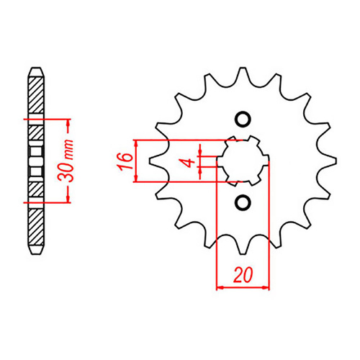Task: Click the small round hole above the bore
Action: pos(243,120)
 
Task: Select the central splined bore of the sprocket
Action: pos(243,160)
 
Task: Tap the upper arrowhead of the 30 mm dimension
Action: pos(68,122)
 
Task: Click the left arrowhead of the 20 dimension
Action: pos(220,287)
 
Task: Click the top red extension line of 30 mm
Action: pos(50,118)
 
